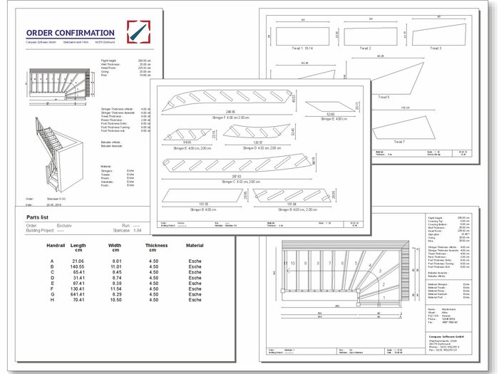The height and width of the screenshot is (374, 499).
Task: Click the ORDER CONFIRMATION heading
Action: tap(70, 33)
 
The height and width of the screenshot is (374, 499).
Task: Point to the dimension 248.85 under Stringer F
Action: tap(229, 111)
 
